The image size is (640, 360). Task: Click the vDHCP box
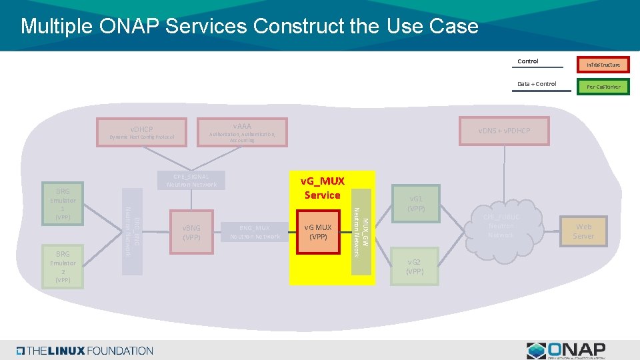[142, 132]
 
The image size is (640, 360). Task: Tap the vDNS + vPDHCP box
[504, 131]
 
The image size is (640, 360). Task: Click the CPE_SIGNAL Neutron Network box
[191, 181]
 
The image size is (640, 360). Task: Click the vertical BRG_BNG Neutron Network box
[132, 231]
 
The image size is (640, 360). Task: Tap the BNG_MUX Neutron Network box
[255, 232]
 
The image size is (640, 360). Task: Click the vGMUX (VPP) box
[319, 232]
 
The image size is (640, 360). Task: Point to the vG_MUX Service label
[323, 188]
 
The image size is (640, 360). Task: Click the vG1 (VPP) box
[415, 203]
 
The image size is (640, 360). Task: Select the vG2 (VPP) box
[415, 267]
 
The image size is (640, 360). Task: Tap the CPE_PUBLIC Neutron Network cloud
[501, 227]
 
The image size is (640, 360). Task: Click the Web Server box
[583, 231]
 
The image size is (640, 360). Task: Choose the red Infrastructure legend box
[603, 65]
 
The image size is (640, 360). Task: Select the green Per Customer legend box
[603, 87]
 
